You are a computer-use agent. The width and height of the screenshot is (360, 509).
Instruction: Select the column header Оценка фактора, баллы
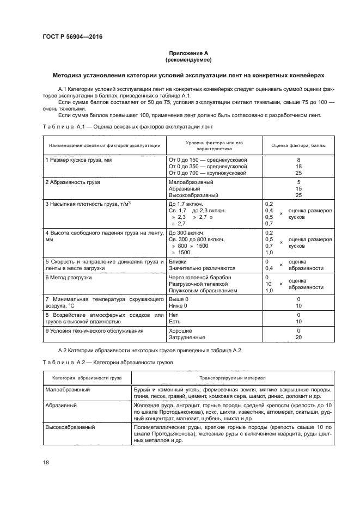298,145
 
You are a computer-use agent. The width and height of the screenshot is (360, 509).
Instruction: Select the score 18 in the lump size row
298,166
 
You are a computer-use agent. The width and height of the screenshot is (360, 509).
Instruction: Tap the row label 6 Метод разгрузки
68,278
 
